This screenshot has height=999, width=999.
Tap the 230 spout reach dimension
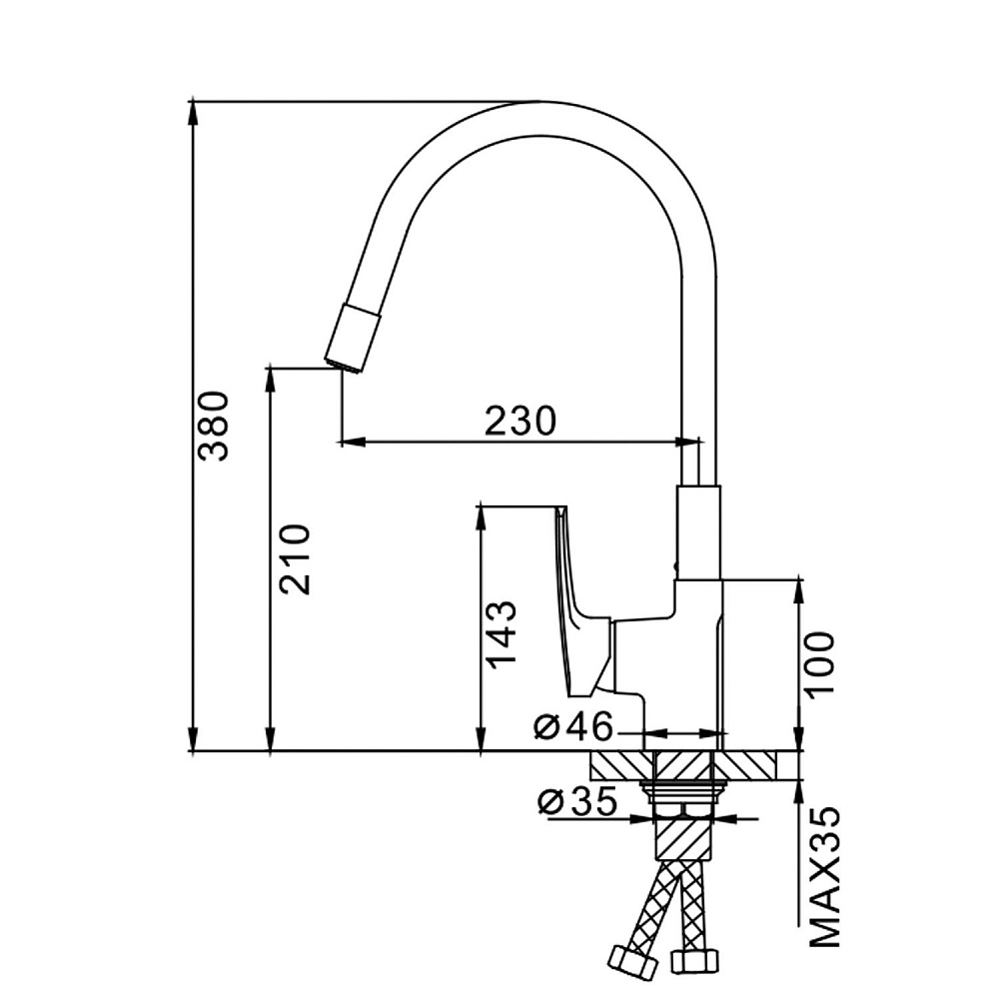click(519, 420)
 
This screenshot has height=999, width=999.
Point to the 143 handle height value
click(502, 634)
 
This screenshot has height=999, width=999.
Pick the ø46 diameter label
click(571, 726)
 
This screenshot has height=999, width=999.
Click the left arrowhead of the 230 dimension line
click(351, 440)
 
